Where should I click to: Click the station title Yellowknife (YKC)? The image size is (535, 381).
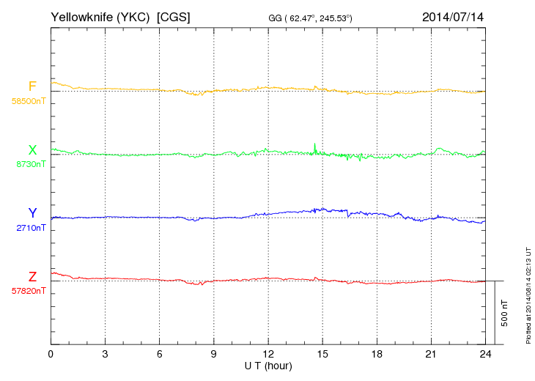click(101, 16)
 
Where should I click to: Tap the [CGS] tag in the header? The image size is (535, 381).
click(174, 16)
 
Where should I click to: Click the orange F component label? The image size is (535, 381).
click(32, 86)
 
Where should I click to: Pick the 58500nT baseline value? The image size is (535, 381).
click(28, 101)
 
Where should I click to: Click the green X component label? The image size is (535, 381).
click(32, 150)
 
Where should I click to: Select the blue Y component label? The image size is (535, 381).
click(32, 213)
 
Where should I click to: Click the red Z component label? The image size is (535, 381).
click(32, 277)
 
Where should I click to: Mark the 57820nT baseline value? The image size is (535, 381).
click(28, 291)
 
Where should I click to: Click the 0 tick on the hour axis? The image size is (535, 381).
click(51, 354)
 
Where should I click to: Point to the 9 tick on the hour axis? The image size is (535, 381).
click(214, 354)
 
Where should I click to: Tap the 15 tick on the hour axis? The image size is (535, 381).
click(322, 354)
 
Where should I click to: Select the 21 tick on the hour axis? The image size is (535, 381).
click(431, 354)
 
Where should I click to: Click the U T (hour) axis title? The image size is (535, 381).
click(268, 365)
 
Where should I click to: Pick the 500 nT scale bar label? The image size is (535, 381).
click(505, 313)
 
